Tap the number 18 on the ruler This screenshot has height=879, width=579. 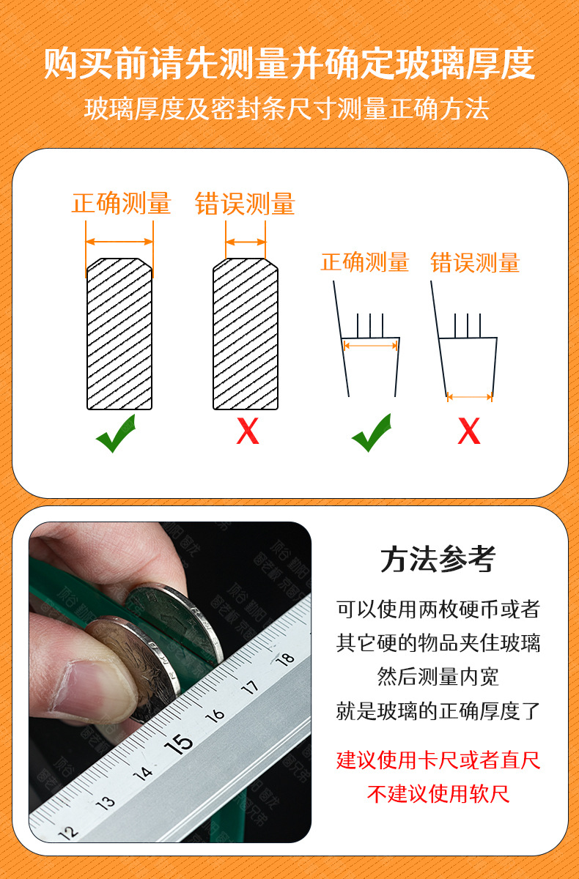click(x=285, y=658)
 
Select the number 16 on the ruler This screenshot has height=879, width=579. click(x=215, y=715)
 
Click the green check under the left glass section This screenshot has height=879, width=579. click(x=117, y=433)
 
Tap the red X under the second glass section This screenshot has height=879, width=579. click(x=248, y=431)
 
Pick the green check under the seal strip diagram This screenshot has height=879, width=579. click(x=372, y=432)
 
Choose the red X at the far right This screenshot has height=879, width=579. click(x=469, y=431)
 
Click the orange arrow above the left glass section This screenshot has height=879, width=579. click(x=119, y=241)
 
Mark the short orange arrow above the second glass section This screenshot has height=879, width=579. click(x=246, y=242)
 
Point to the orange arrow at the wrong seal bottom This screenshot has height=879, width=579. click(x=470, y=397)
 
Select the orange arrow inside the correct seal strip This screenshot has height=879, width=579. click(x=371, y=345)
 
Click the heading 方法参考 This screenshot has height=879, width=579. click(x=438, y=559)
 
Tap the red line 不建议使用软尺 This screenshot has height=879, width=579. click(x=438, y=794)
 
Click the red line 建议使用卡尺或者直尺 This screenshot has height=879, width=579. click(x=438, y=760)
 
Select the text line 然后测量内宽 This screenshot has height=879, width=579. click(x=438, y=677)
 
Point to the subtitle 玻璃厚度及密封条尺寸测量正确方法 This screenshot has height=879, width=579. click(x=287, y=108)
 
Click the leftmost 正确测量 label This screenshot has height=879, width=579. click(x=121, y=204)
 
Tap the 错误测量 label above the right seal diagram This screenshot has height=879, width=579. click(x=476, y=262)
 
